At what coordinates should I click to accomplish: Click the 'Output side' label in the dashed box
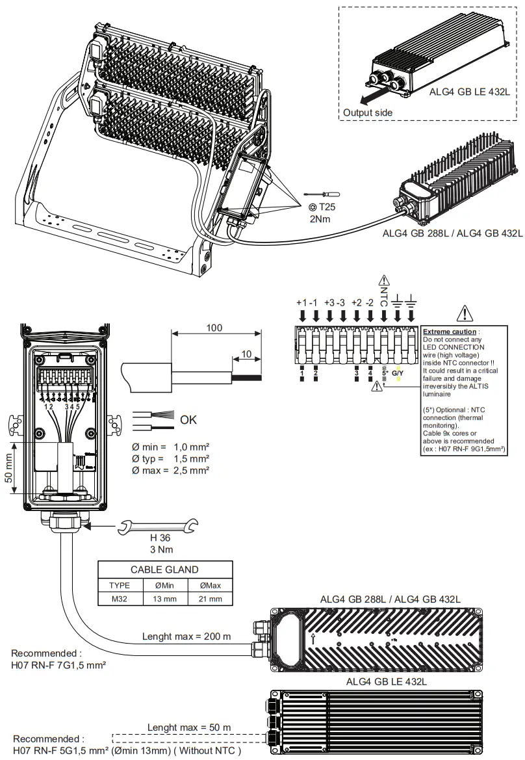pos(368,112)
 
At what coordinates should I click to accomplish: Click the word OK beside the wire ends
pos(188,420)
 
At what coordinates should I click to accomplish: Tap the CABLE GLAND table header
pos(164,570)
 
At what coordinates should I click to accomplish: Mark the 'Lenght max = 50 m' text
pos(188,727)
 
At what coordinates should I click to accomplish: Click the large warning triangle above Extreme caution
pos(465,313)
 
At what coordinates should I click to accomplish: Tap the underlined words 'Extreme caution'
pos(450,332)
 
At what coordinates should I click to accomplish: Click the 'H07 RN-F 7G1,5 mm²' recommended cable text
pos(59,666)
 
